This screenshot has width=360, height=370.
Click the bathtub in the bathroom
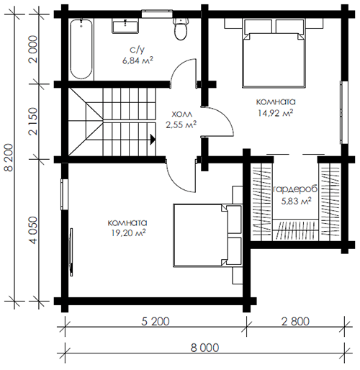click(81, 49)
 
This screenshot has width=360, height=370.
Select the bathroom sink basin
click(125, 27)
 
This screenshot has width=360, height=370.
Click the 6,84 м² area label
click(138, 60)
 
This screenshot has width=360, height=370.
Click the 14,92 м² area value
click(276, 113)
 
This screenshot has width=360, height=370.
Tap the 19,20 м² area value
click(127, 233)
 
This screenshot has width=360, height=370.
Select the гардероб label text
click(295, 189)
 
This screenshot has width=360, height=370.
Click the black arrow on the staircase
click(153, 140)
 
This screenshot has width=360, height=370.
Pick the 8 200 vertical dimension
click(9, 157)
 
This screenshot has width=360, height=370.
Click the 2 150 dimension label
click(33, 121)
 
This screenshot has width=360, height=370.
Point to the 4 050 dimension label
click(33, 230)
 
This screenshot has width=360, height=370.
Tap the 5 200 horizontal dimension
click(156, 321)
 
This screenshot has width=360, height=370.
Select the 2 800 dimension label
click(295, 321)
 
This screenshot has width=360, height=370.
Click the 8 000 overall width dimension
click(204, 348)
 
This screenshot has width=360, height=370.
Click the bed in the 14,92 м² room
click(274, 53)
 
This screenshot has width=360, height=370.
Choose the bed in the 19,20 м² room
click(207, 235)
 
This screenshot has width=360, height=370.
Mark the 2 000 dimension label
click(33, 49)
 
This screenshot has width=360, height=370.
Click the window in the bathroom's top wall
click(157, 14)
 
